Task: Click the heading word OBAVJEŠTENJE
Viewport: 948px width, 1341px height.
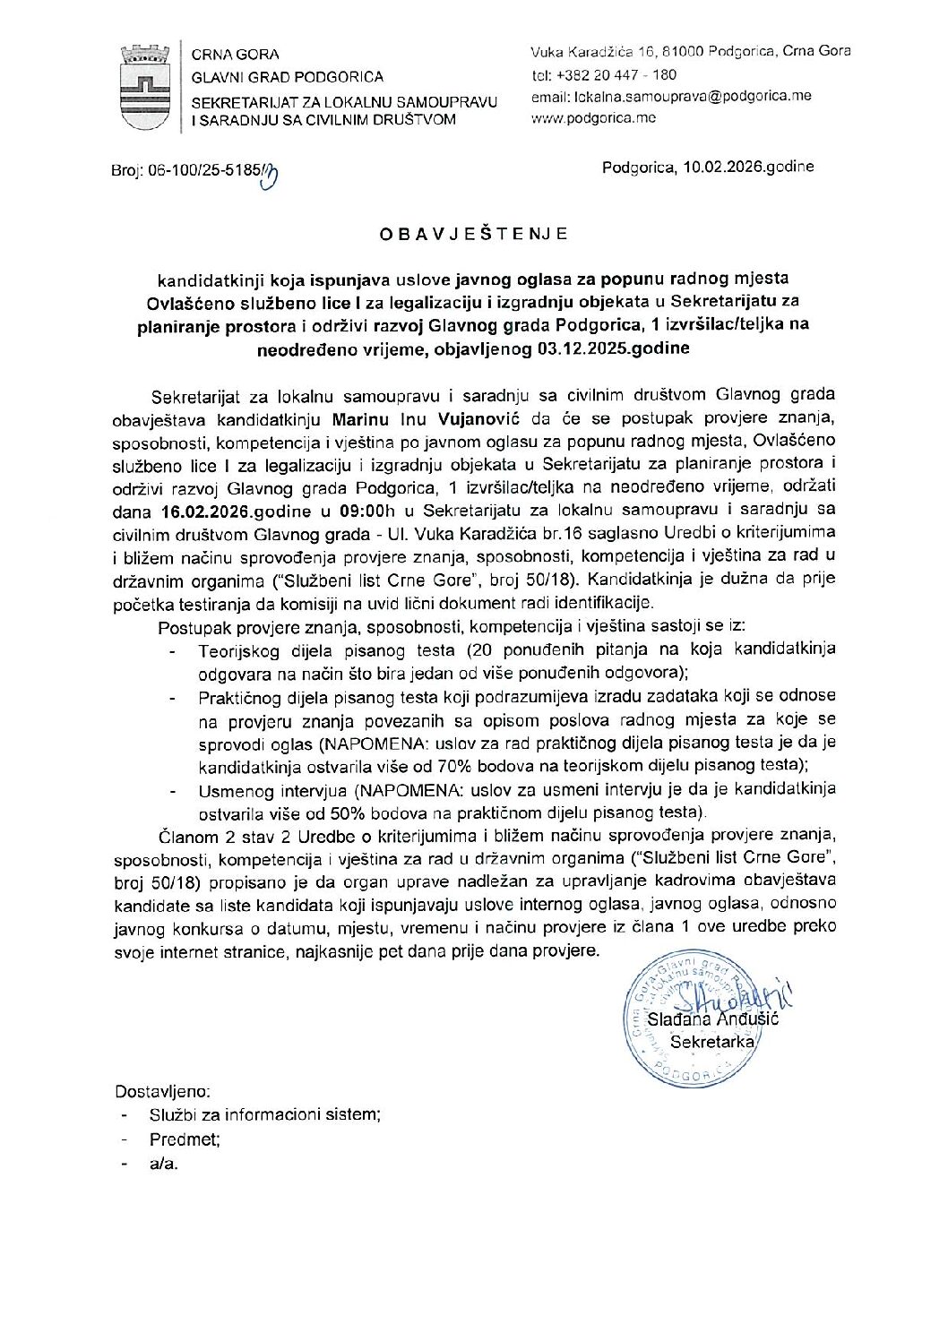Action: pyautogui.click(x=473, y=235)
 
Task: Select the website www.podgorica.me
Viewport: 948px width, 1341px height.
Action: pyautogui.click(x=593, y=117)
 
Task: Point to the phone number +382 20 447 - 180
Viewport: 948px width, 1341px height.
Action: pyautogui.click(x=616, y=75)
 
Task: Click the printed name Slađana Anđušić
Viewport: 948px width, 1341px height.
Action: pyautogui.click(x=712, y=1019)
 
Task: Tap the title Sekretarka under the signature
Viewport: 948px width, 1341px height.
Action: pyautogui.click(x=711, y=1042)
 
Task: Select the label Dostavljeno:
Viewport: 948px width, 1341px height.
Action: pyautogui.click(x=162, y=1091)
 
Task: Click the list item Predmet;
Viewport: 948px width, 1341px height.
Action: pyautogui.click(x=185, y=1139)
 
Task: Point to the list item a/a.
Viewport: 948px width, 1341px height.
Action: pyautogui.click(x=164, y=1164)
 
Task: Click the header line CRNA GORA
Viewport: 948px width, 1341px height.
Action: pyautogui.click(x=235, y=55)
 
